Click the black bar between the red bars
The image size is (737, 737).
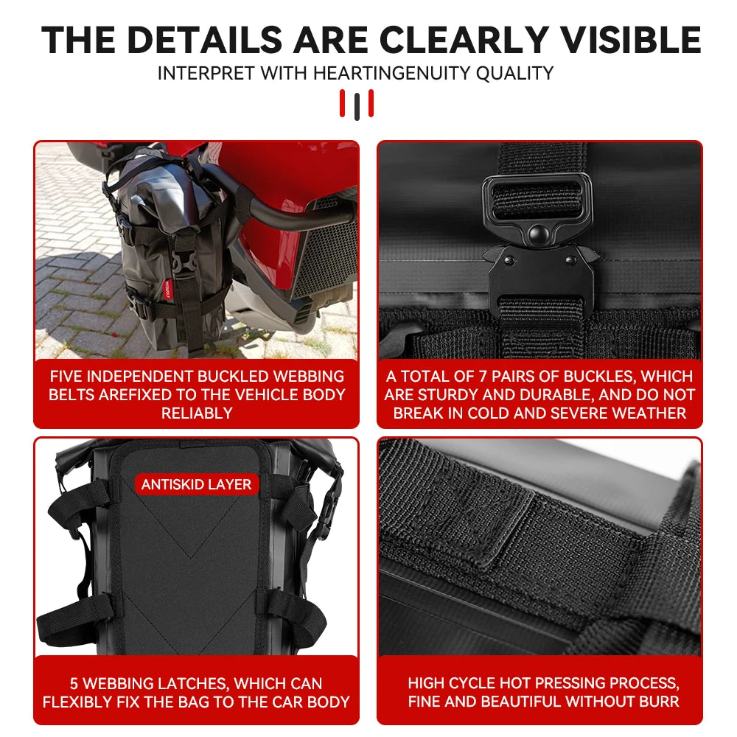[357, 105]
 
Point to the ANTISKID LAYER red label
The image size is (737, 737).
[197, 484]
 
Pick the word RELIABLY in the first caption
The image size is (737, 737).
[197, 413]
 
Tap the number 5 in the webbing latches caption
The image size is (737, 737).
[74, 683]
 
